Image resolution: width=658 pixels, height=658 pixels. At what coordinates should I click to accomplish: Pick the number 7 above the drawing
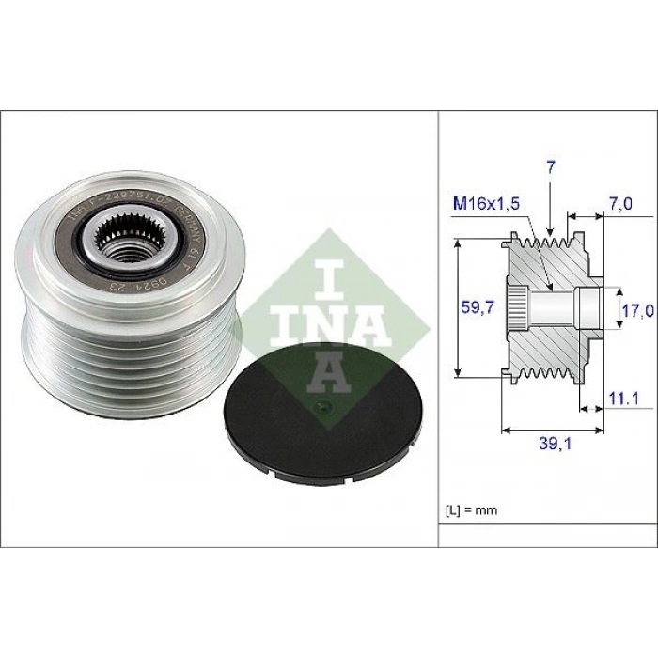click(550, 167)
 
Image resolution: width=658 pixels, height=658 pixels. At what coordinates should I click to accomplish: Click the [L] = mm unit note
click(470, 510)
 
